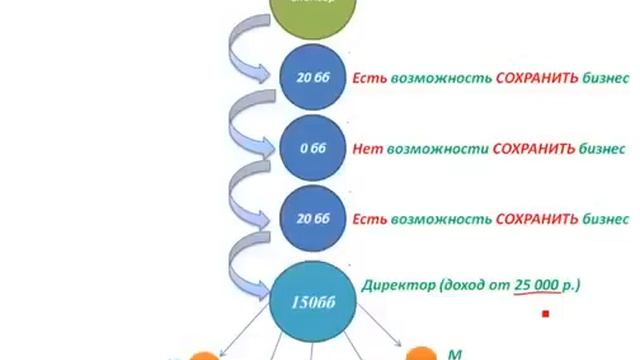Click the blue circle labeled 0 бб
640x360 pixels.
308,147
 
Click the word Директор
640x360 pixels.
398,286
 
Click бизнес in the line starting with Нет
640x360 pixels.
599,148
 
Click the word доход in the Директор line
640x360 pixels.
467,286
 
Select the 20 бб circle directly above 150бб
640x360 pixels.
308,218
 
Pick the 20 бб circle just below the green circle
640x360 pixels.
308,77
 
